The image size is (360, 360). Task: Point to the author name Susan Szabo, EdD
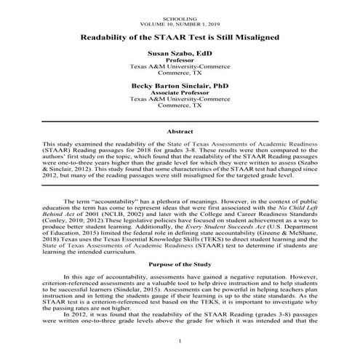click(180, 54)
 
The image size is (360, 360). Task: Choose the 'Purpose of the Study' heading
click(180, 263)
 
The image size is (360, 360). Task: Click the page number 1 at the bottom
click(180, 341)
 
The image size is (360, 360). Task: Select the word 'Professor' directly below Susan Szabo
click(180, 60)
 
